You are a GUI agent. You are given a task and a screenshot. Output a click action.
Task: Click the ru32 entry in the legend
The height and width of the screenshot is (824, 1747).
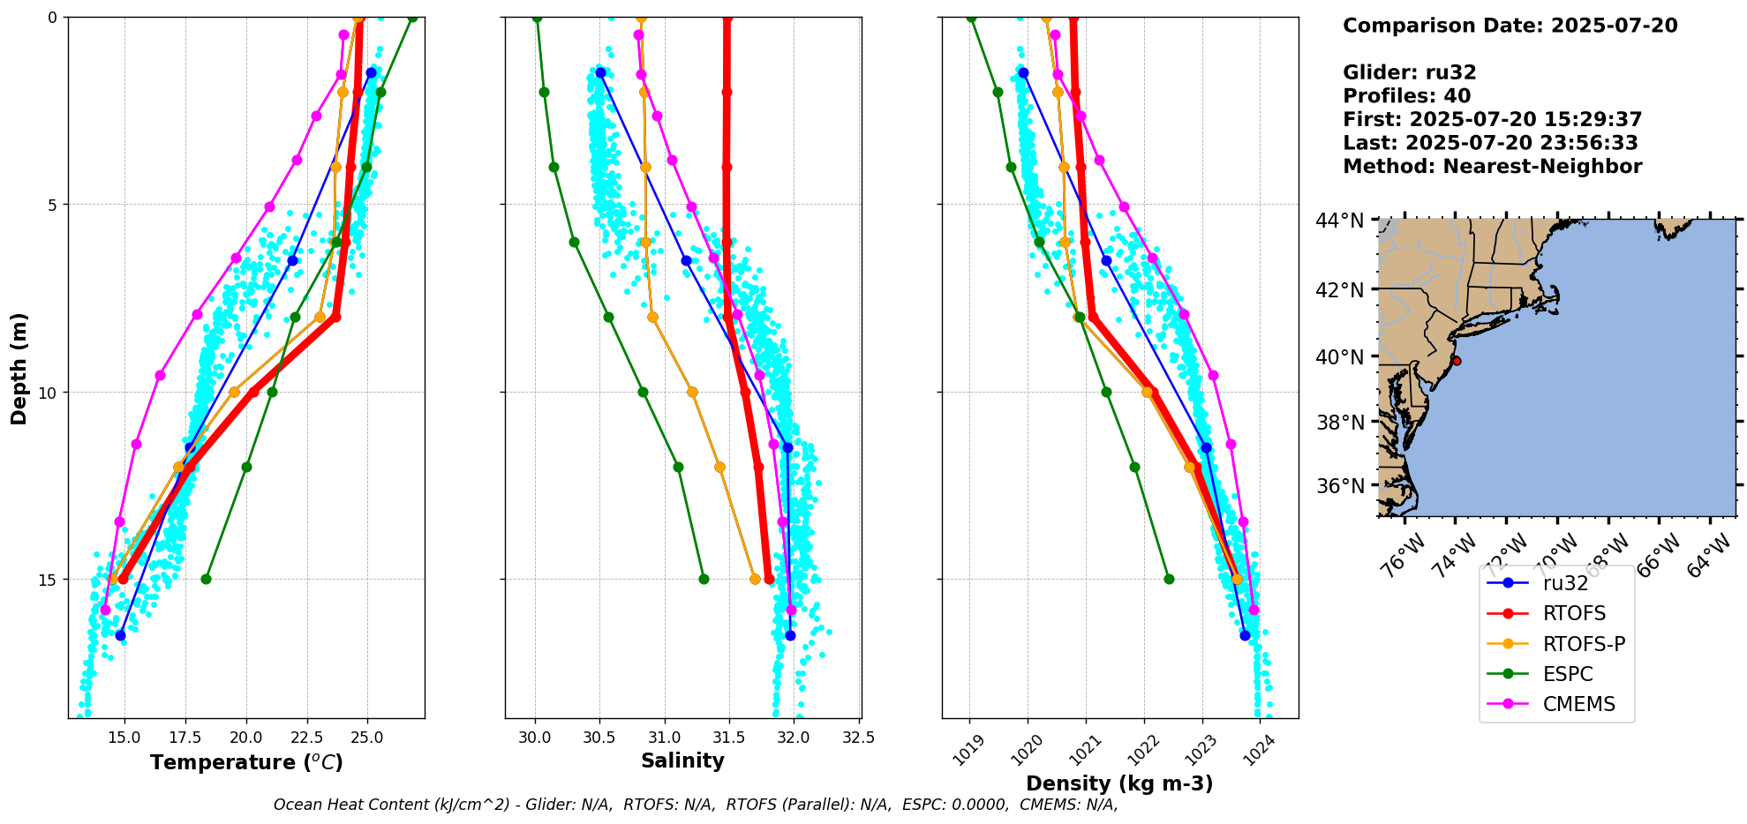(x=1565, y=583)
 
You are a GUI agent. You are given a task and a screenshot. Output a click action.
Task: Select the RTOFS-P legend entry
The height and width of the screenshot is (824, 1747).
(x=1584, y=644)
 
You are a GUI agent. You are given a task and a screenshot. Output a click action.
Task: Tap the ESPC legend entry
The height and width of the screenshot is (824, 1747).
(x=1568, y=674)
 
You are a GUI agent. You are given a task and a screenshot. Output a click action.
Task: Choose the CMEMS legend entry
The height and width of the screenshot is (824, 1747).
(x=1578, y=704)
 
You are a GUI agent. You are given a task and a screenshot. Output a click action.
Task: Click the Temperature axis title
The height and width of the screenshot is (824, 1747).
(x=246, y=762)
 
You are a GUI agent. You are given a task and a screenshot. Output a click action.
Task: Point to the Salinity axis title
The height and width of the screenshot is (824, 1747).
(x=682, y=760)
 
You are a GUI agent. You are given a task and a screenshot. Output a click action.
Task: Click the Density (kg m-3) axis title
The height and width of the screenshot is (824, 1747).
(x=1119, y=783)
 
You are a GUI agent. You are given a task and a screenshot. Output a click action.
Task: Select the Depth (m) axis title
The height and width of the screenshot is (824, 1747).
(x=19, y=368)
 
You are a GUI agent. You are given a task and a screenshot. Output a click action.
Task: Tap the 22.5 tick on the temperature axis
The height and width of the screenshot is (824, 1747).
(x=307, y=738)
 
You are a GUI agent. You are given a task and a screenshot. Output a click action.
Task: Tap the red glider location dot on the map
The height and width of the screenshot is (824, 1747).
(x=1457, y=361)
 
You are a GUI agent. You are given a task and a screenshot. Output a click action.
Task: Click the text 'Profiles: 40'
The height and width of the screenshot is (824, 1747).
(x=1406, y=96)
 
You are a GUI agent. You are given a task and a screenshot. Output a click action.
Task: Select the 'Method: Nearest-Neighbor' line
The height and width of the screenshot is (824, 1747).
(x=1492, y=167)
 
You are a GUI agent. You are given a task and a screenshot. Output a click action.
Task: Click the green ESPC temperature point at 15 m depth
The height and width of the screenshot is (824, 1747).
(x=206, y=579)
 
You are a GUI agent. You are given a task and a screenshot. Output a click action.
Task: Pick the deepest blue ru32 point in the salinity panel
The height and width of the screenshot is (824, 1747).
(x=790, y=635)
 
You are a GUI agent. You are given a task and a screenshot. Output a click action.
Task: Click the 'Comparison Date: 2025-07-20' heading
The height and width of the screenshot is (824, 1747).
(x=1510, y=26)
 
